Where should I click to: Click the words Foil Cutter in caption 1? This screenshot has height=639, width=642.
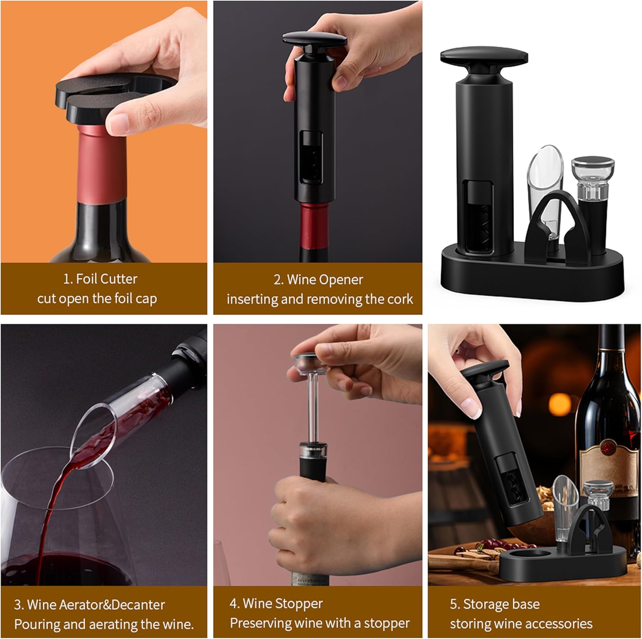tap(107, 279)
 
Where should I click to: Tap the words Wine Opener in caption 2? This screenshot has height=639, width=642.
tap(325, 280)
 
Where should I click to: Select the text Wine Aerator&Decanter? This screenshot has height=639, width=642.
tap(96, 605)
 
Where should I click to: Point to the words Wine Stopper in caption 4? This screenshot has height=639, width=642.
tap(283, 603)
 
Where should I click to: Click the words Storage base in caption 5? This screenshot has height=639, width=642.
tap(501, 604)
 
